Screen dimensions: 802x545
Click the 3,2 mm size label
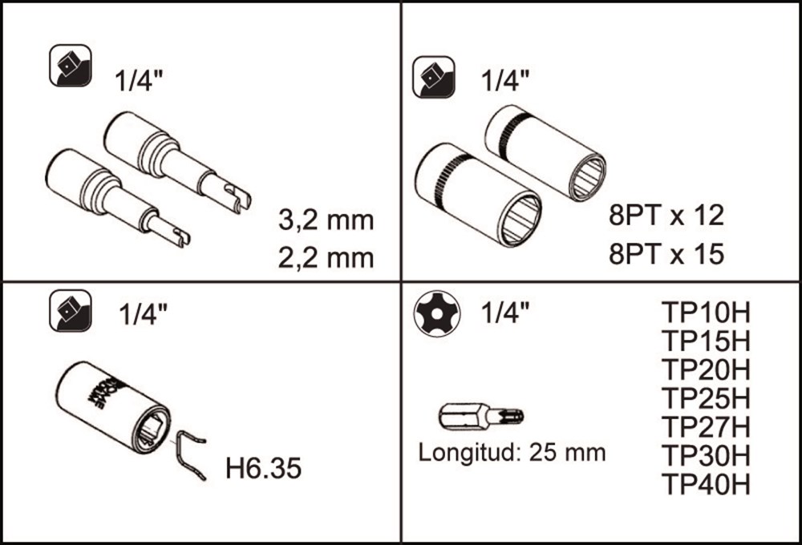(x=326, y=220)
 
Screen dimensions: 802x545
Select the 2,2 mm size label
(x=326, y=258)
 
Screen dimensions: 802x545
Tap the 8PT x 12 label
(x=666, y=215)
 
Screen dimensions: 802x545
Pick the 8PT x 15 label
(x=666, y=253)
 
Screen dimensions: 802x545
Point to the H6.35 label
(x=263, y=468)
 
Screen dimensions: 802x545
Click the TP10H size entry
(x=706, y=313)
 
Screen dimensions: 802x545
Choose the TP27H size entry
(x=706, y=426)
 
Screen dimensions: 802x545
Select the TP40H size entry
(x=706, y=483)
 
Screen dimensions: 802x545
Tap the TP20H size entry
(x=706, y=369)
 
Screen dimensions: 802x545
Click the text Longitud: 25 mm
(x=512, y=453)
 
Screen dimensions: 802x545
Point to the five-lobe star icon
(x=436, y=313)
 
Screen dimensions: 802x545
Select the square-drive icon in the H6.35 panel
(x=71, y=311)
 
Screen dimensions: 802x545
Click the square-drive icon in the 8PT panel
(x=434, y=77)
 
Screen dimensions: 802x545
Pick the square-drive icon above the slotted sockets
(x=71, y=65)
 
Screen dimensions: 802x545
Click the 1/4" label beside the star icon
(x=504, y=312)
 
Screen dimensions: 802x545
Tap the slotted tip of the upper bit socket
(x=238, y=198)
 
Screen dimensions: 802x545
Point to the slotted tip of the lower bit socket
(x=180, y=236)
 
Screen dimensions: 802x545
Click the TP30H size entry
(x=706, y=455)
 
